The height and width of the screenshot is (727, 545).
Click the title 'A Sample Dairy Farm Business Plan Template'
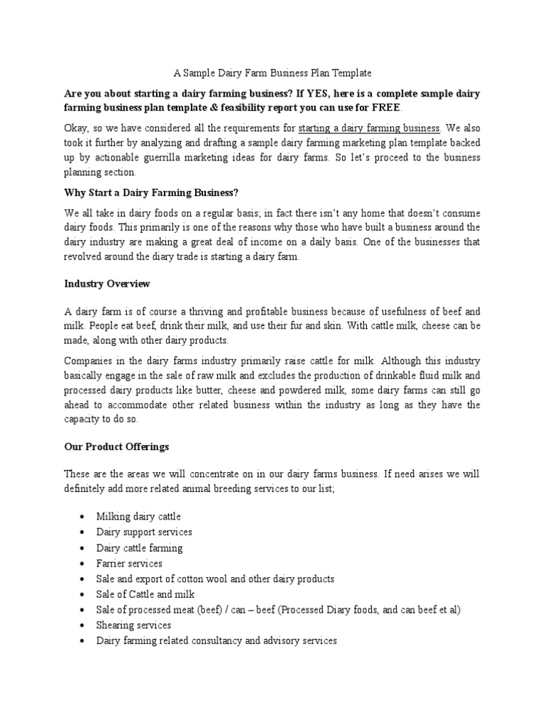[272, 73]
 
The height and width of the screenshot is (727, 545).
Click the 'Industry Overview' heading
[107, 284]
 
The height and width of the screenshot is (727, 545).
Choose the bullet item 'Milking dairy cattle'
[138, 516]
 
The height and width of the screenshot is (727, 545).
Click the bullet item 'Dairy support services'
[144, 532]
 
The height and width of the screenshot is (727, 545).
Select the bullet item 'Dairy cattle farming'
[139, 547]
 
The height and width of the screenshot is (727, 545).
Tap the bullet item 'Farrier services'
[129, 563]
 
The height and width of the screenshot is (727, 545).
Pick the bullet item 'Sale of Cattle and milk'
[145, 594]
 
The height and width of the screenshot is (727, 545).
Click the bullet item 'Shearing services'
[133, 625]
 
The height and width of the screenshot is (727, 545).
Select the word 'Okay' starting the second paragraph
[75, 129]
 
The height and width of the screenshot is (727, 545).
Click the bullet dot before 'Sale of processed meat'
[84, 610]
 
